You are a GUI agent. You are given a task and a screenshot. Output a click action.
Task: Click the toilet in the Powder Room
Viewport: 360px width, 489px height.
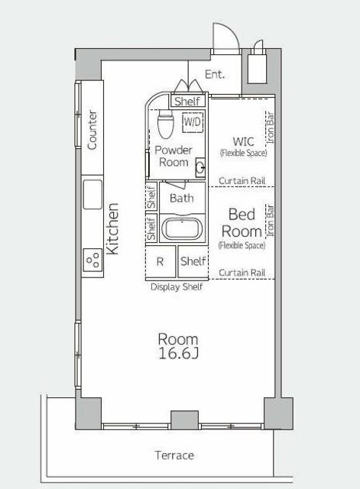(165, 124)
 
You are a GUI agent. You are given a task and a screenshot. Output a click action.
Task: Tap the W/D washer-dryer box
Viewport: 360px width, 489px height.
(193, 122)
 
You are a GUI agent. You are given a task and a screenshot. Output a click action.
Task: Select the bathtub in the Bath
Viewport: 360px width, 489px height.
(182, 228)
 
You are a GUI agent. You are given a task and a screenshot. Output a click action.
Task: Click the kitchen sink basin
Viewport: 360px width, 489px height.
(92, 194)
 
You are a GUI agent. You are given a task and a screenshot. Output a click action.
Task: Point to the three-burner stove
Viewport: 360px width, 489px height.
(92, 260)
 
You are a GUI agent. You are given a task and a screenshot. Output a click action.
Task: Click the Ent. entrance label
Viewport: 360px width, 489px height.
(215, 75)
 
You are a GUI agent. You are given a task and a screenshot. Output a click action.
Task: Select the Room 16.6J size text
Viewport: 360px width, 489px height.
(178, 346)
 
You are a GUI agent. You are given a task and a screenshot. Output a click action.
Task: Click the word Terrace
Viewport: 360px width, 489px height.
(174, 455)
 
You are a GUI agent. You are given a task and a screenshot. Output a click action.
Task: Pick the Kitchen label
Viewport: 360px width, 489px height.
(112, 229)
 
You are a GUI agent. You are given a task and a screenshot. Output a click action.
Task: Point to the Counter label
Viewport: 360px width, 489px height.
(92, 130)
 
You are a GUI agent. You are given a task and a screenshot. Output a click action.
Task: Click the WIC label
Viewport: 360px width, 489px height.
(243, 141)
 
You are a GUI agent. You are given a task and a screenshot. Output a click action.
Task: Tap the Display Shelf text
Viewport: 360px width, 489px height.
(177, 287)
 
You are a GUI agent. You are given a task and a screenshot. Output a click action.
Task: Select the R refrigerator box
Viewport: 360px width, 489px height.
(161, 261)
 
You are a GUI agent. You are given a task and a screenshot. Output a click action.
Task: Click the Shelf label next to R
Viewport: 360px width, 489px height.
(193, 261)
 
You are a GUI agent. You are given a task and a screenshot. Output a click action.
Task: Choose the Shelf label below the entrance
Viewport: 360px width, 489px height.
(187, 102)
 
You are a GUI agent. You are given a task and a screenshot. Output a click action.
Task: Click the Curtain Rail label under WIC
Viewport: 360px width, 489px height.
(242, 180)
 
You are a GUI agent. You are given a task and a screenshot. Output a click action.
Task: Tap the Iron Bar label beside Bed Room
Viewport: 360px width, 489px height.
(270, 221)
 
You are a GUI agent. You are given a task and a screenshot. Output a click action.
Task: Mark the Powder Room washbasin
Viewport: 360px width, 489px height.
(200, 167)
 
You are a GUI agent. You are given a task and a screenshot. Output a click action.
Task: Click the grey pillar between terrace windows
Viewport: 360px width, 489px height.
(184, 419)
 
